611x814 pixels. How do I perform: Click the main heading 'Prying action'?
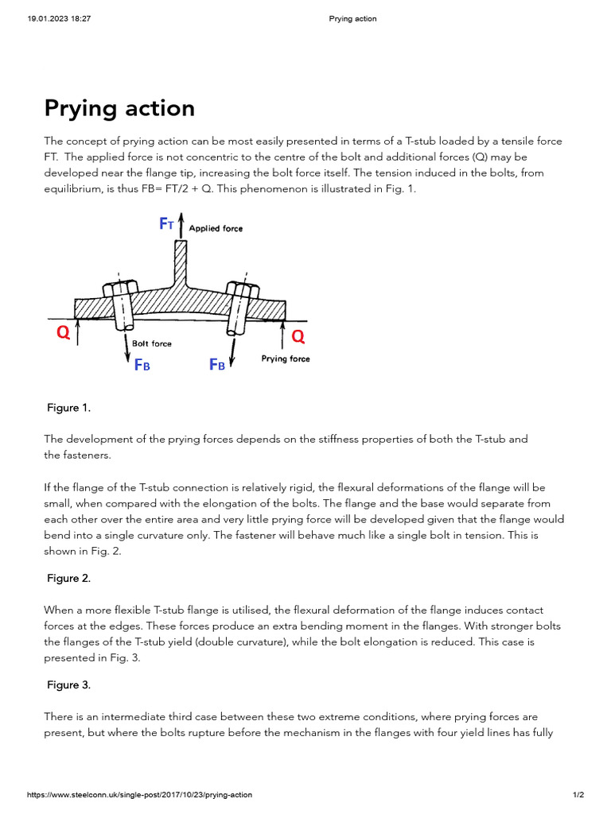tap(119, 108)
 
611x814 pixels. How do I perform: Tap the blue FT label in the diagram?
tap(166, 224)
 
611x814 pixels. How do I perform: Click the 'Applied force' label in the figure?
tap(216, 228)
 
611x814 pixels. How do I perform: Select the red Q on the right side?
tap(298, 337)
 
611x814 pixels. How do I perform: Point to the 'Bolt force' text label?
tap(151, 344)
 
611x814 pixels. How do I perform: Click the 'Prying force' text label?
tap(286, 359)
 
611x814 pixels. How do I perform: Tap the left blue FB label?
tap(142, 365)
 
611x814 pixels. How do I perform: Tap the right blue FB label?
tap(216, 365)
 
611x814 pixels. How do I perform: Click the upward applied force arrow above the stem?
tap(181, 225)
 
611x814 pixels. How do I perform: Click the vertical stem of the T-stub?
tap(181, 262)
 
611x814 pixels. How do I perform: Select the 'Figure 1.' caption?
tap(68, 408)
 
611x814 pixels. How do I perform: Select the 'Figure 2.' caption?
tap(68, 579)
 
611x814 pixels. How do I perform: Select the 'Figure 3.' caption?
tap(68, 684)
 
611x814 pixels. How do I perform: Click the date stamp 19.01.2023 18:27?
tap(53, 19)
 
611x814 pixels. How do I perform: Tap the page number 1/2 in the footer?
tap(578, 795)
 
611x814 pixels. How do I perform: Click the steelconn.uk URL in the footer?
tap(140, 795)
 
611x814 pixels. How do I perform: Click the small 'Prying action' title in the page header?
tap(352, 19)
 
